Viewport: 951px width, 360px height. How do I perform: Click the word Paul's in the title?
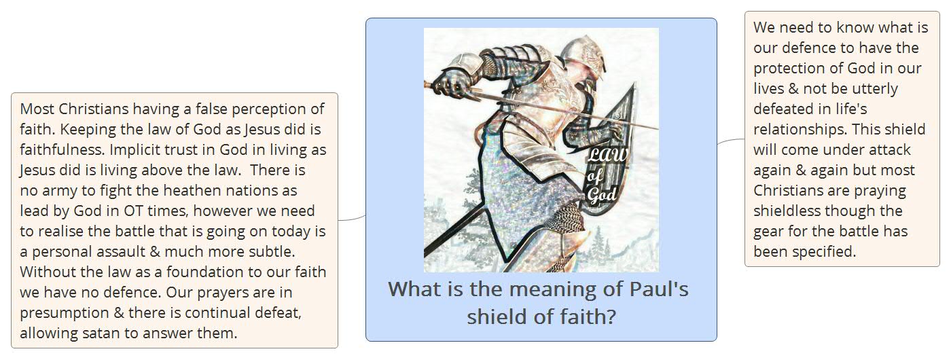coord(659,289)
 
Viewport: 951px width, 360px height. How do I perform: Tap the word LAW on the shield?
coord(607,155)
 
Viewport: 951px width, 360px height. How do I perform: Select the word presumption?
coord(65,313)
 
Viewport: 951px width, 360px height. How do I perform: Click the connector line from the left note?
coord(352,219)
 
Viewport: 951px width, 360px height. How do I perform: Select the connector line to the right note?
coord(731,141)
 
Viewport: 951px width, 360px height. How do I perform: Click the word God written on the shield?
coord(602,194)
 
